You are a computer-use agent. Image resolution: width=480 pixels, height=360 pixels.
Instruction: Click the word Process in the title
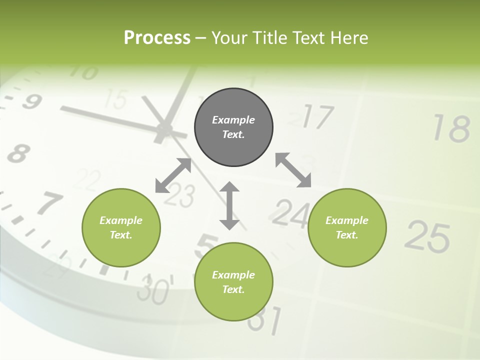coord(157,37)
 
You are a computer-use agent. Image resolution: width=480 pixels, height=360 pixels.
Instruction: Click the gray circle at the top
coord(233,127)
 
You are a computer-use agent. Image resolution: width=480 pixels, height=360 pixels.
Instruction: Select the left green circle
coord(121,227)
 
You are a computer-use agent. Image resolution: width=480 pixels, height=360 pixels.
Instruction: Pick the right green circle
coord(347,227)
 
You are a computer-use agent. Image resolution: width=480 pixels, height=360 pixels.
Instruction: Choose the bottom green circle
coord(233,282)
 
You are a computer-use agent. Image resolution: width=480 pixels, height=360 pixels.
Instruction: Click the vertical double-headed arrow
coord(229,205)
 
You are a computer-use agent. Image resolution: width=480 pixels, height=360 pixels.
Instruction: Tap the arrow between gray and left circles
coord(173,175)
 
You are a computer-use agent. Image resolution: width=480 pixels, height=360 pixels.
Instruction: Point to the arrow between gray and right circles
coord(293,170)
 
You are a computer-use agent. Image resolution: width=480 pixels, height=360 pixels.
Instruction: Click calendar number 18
coord(451,128)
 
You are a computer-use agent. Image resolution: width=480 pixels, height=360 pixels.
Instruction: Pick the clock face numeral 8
coord(18,153)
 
